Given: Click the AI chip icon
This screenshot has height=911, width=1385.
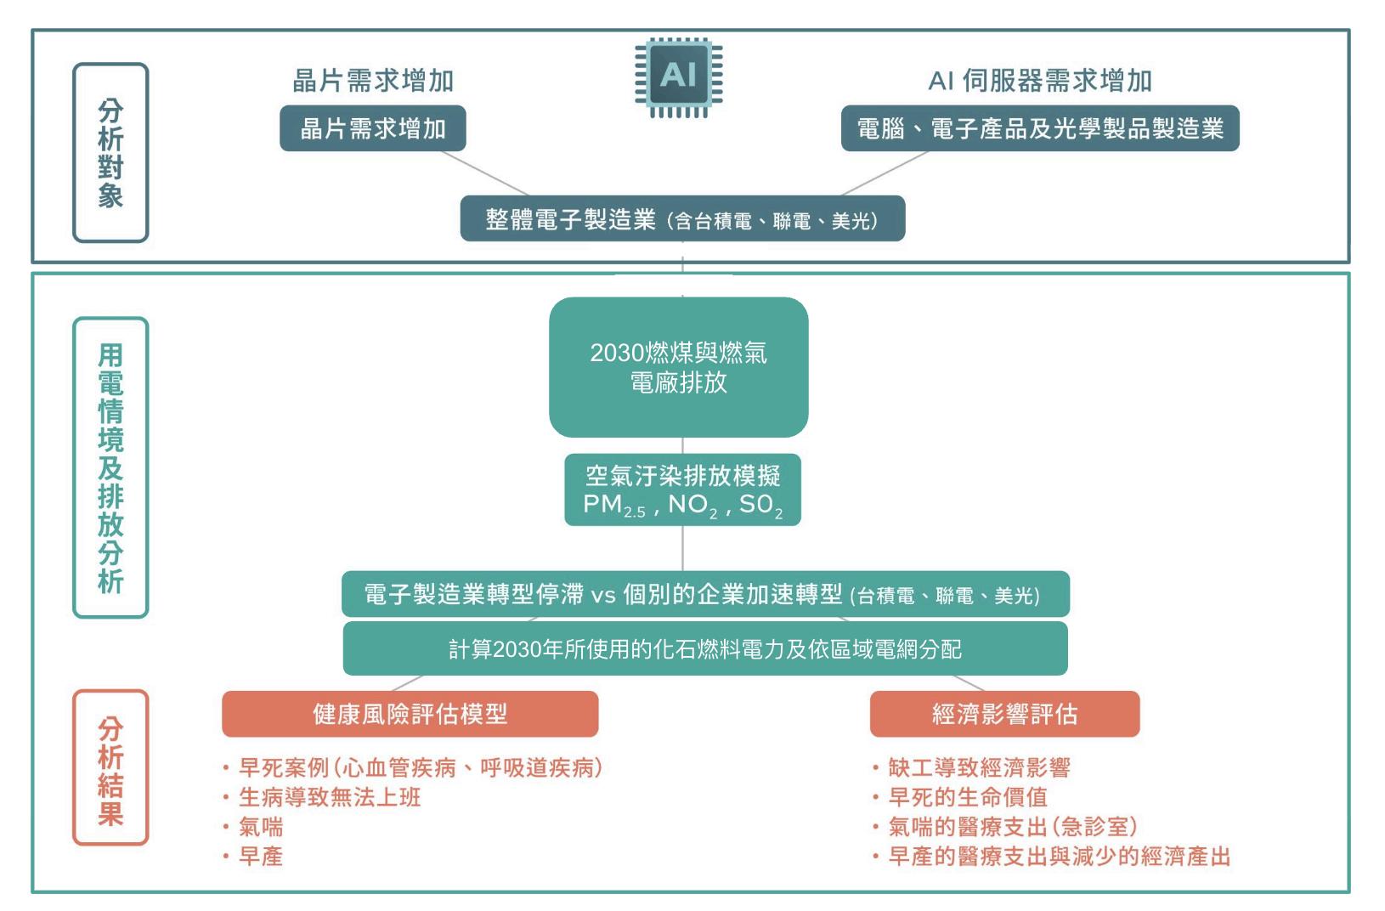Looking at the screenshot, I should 678,77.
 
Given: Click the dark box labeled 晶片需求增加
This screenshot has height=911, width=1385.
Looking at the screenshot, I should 373,129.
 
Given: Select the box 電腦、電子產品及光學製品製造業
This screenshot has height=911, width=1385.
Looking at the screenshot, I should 1039,129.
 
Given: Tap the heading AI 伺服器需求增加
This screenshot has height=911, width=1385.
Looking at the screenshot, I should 1039,81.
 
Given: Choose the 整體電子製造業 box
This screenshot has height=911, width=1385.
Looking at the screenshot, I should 682,220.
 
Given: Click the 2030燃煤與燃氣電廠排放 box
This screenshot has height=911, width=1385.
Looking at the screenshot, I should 678,367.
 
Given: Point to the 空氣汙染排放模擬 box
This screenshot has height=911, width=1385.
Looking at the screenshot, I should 682,489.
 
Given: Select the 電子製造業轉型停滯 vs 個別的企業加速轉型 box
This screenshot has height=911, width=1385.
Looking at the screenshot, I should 704,594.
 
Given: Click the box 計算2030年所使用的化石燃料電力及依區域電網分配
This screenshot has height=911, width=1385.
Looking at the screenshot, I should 704,648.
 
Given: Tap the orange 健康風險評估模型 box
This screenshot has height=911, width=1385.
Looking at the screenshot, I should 410,714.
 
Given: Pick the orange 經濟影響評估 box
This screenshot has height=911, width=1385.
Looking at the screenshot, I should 1004,714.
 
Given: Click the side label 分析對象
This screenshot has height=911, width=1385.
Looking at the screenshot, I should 110,153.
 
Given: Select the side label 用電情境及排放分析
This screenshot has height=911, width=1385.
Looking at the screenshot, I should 110,467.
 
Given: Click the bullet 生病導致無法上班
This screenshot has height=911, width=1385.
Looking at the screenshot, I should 330,798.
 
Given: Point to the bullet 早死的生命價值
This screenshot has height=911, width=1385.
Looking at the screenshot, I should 968,798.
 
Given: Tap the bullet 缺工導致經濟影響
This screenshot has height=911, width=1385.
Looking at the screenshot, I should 979,768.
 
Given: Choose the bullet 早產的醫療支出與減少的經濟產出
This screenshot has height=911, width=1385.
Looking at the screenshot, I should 1059,857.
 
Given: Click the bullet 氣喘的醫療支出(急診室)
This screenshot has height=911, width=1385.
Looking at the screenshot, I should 1012,827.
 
